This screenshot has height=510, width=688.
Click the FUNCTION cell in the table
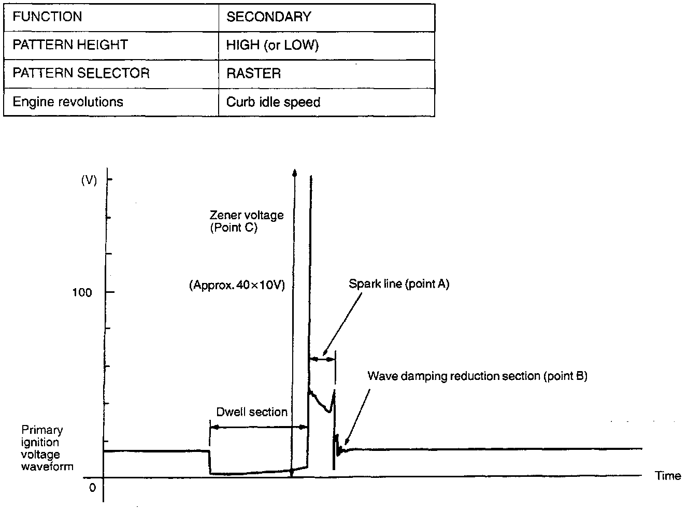coord(47,17)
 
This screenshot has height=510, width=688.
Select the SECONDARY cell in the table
coord(269,17)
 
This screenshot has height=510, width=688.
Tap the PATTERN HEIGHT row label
coord(70,45)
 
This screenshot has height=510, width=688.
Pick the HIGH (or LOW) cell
coord(273,46)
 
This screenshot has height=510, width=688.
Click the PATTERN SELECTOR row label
coord(81,73)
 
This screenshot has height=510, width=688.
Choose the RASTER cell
coord(253,74)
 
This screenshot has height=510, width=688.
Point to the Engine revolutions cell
coord(68,102)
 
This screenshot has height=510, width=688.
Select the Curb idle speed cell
coord(273,102)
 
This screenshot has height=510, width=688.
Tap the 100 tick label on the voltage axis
coord(82,293)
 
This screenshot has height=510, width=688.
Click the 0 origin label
coord(93,488)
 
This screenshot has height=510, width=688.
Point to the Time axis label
coord(668,476)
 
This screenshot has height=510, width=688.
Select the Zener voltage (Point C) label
coord(247,221)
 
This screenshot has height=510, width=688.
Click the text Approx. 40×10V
coord(237,285)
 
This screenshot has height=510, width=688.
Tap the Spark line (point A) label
coord(399,284)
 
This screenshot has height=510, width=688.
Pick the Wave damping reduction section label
coord(477,376)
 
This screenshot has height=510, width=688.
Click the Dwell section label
coord(252,412)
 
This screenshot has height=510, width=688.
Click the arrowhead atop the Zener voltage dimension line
coord(294,172)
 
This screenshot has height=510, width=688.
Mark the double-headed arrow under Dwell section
coord(259,427)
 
